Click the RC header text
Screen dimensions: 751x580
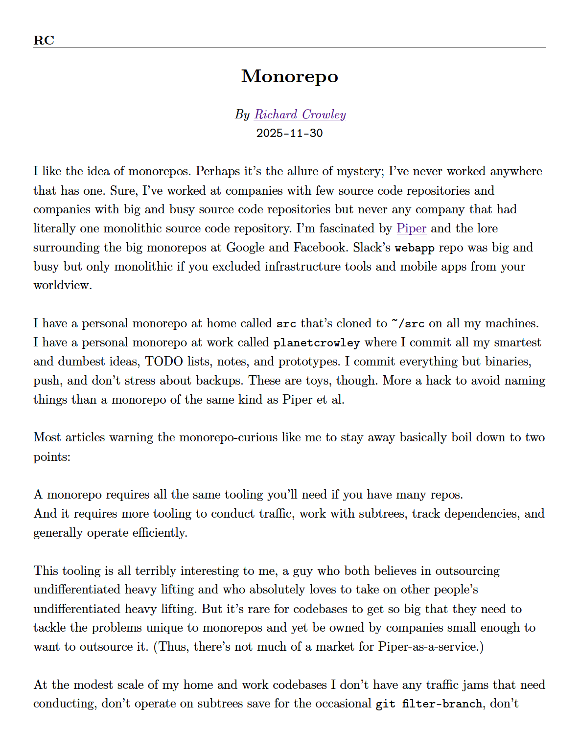point(44,40)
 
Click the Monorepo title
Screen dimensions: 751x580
point(290,76)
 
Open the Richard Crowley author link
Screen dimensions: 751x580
point(300,114)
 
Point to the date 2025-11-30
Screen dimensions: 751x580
point(290,133)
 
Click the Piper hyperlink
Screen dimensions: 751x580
point(411,228)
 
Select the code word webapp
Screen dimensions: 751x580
point(415,248)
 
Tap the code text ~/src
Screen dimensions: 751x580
point(408,324)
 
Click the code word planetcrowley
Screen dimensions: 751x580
point(316,343)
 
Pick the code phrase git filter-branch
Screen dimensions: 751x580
point(429,704)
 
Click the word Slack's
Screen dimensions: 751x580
point(372,248)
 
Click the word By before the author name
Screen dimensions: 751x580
point(242,114)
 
